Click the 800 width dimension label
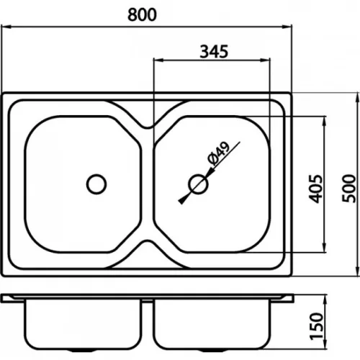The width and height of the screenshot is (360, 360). (x=142, y=14)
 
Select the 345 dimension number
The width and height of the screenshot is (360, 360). (x=214, y=51)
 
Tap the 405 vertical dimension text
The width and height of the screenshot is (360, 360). (x=315, y=189)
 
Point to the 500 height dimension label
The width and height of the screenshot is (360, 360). (x=348, y=189)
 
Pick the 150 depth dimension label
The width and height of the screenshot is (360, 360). (x=316, y=326)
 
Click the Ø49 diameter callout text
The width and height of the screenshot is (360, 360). (x=218, y=154)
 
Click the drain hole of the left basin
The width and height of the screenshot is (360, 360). (x=96, y=184)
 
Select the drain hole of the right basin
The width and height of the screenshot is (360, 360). (x=198, y=184)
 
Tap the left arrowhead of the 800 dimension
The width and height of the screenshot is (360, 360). (x=6, y=27)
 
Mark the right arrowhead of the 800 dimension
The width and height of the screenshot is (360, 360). (x=287, y=27)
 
